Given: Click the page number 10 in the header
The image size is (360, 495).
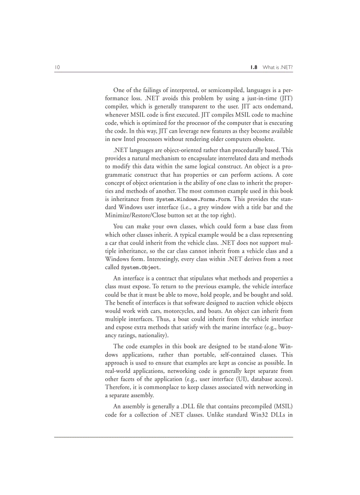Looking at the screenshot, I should (57, 67).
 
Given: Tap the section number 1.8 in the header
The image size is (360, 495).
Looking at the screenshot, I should (253, 67).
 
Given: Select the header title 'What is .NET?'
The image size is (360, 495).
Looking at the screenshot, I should (277, 67).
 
